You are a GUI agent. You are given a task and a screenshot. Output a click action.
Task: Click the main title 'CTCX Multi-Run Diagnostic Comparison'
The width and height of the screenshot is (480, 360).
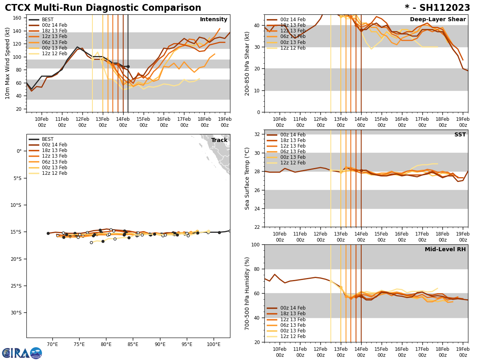click(103, 8)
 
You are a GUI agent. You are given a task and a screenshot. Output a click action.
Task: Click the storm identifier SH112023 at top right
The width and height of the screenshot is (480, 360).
click(437, 8)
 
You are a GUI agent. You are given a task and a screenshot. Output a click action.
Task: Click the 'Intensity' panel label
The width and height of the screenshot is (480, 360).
click(214, 20)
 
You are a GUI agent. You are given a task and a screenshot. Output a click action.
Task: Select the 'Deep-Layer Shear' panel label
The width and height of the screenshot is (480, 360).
click(438, 20)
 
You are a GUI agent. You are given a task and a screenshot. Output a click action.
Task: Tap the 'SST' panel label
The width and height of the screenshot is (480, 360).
click(460, 135)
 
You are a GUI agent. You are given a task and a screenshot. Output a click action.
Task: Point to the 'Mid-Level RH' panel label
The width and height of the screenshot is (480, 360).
click(445, 250)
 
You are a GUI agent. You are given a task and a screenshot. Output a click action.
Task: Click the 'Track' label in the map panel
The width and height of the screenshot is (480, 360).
click(219, 140)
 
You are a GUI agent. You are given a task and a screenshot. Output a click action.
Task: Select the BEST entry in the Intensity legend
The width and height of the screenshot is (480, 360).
click(48, 20)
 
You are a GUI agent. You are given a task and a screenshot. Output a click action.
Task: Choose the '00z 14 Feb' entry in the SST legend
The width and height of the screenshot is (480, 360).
click(292, 135)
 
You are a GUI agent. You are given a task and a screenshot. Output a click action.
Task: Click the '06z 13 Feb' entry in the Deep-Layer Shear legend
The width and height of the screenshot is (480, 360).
click(292, 36)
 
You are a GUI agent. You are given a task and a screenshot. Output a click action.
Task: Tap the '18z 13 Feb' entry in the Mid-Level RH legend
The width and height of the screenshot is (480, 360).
click(292, 314)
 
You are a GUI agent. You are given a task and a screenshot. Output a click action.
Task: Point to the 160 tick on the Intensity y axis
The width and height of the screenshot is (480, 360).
click(18, 18)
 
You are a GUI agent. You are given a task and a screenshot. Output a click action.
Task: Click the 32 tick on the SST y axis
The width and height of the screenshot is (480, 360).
click(258, 134)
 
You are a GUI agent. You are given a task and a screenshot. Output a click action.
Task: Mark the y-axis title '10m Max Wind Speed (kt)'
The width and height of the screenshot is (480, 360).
click(8, 63)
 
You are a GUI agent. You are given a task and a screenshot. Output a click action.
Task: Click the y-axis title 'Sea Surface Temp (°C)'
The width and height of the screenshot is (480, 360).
click(248, 178)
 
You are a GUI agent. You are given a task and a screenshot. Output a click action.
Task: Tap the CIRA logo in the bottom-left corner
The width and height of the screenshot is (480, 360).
click(22, 353)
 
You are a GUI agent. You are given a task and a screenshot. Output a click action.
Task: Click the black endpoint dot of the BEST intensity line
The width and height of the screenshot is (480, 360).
click(128, 66)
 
